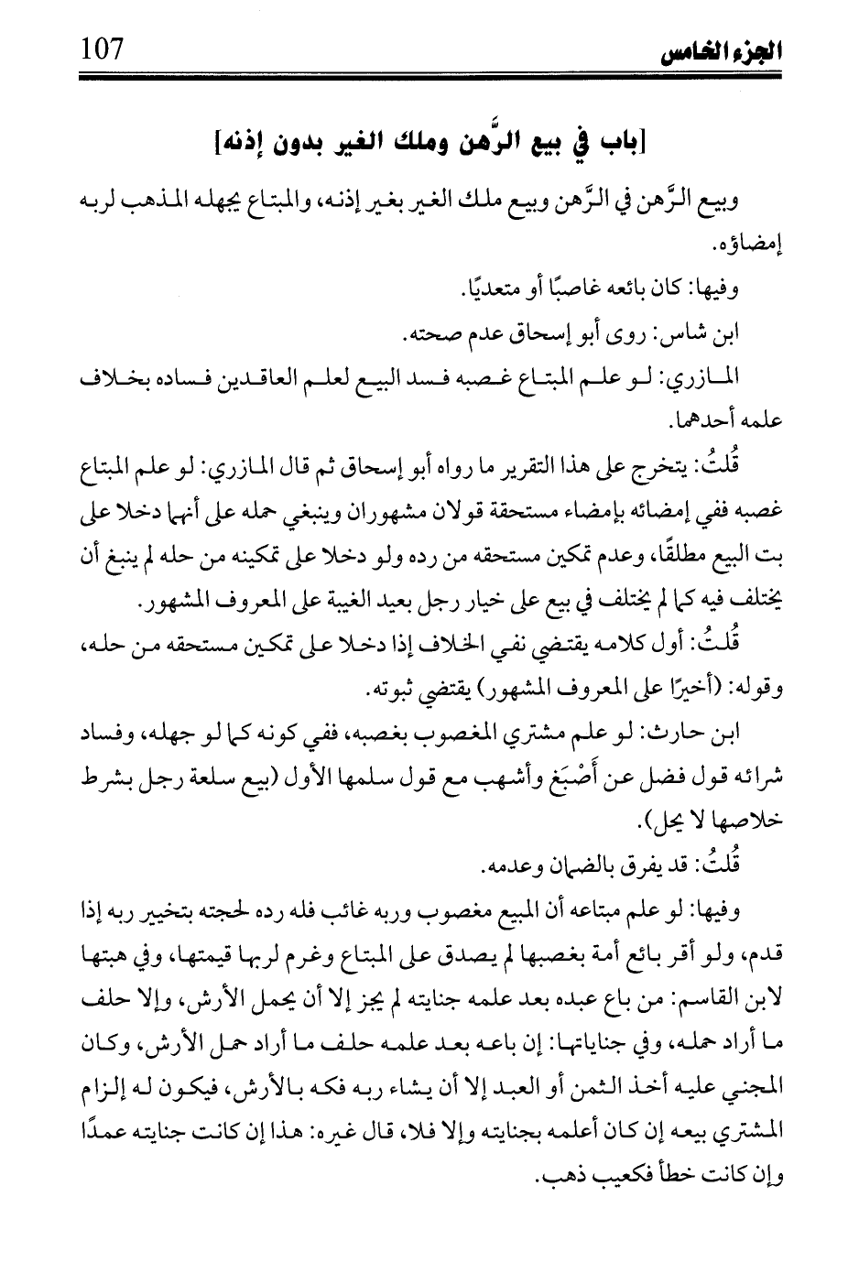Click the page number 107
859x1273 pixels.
[x=101, y=44]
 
